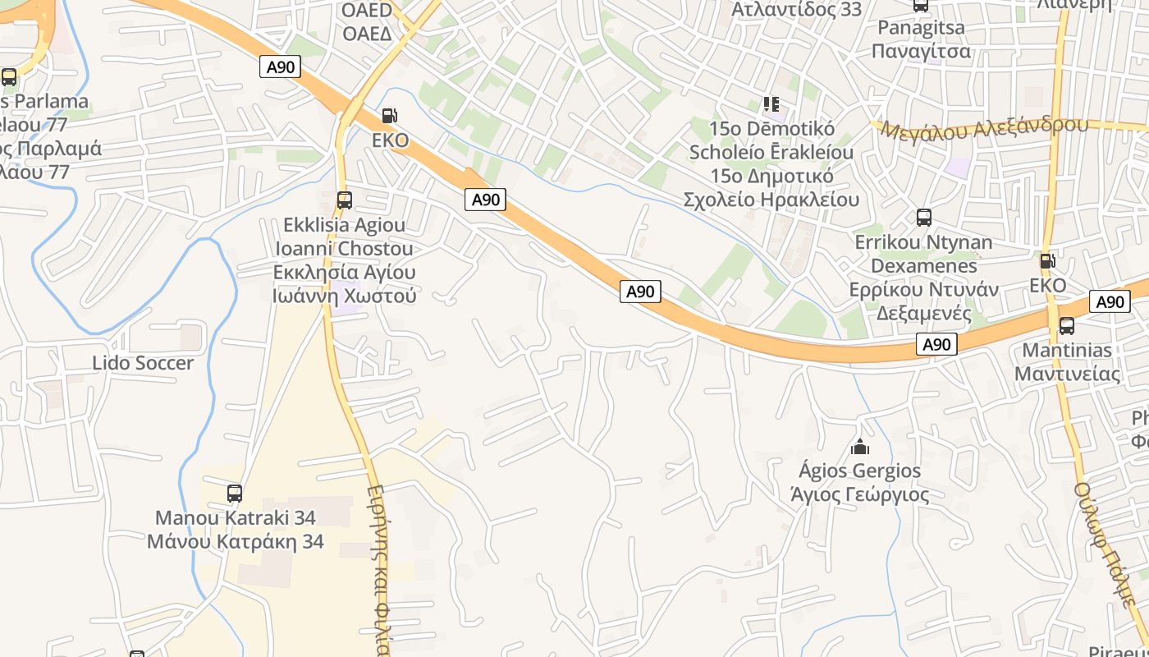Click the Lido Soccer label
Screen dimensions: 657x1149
(x=143, y=363)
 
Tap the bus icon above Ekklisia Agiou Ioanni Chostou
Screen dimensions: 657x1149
(x=345, y=200)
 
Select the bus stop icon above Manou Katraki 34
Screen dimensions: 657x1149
(x=235, y=494)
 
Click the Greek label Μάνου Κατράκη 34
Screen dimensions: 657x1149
(x=236, y=542)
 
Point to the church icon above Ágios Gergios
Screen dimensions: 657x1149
(x=860, y=447)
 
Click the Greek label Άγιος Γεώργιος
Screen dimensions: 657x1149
(x=859, y=495)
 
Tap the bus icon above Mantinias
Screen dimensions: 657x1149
(x=1067, y=326)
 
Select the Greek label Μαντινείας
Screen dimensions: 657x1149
(x=1067, y=374)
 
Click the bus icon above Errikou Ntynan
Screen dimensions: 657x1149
(x=924, y=218)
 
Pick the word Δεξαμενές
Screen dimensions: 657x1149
(x=924, y=314)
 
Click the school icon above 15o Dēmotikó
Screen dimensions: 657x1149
(x=771, y=104)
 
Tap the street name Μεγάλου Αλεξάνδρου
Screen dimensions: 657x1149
(x=980, y=128)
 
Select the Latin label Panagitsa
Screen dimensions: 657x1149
(x=921, y=28)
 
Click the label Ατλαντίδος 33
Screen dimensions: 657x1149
(x=796, y=10)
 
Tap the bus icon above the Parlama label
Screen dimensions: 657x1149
(x=9, y=77)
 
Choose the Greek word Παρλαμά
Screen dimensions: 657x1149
(x=62, y=149)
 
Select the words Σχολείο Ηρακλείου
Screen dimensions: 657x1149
(x=771, y=200)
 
